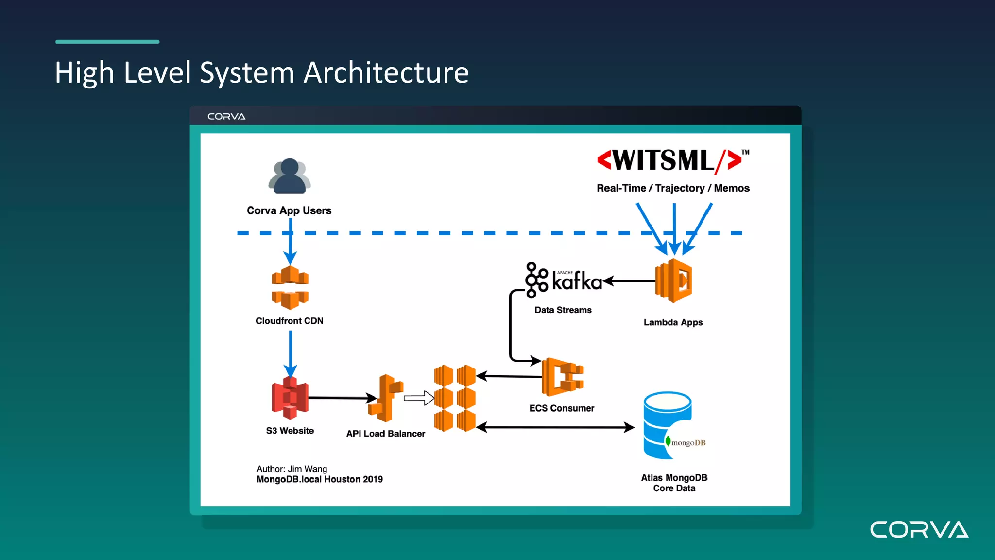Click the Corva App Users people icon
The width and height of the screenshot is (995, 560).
(x=290, y=176)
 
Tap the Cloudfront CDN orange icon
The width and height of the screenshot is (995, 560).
(x=290, y=287)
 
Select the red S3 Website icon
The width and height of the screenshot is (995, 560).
(x=290, y=398)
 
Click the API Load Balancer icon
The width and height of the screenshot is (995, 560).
(x=386, y=398)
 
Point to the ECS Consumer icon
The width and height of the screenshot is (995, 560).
(x=563, y=377)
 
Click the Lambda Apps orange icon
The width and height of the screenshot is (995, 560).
(x=674, y=281)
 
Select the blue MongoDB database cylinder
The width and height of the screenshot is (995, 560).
(x=667, y=425)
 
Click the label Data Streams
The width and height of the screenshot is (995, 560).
(x=563, y=310)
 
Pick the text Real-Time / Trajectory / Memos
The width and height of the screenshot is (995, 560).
(x=673, y=188)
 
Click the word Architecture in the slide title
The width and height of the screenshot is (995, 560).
(x=386, y=73)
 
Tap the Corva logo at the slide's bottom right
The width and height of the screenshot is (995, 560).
(x=919, y=530)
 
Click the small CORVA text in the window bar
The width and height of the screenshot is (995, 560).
(x=226, y=117)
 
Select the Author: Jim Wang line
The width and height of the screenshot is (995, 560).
(x=292, y=469)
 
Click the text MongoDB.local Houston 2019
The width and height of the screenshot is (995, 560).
(x=320, y=479)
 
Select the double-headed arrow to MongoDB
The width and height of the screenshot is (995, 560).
(x=555, y=427)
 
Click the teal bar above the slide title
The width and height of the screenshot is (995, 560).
(x=107, y=42)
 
